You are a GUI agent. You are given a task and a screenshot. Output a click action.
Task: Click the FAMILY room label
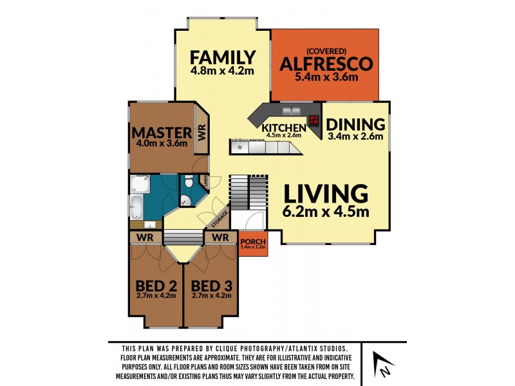click(x=223, y=57)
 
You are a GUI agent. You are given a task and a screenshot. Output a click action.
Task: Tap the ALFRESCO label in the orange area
click(x=326, y=64)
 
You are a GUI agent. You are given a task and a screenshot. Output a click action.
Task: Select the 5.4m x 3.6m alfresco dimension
click(x=326, y=77)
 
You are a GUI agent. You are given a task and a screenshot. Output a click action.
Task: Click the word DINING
click(x=355, y=125)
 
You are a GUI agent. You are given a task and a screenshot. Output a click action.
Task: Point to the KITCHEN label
click(x=284, y=127)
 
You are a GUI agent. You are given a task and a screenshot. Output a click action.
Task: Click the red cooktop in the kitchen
click(x=314, y=120)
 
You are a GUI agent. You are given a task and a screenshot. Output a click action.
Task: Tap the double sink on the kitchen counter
click(x=291, y=111)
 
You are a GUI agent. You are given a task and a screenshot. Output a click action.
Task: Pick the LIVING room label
click(x=326, y=194)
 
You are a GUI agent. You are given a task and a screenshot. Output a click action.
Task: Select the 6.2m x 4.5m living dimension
click(x=326, y=212)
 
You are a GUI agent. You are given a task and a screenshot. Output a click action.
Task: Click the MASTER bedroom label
click(x=162, y=133)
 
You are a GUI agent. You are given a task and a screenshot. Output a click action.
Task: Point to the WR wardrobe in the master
click(x=201, y=133)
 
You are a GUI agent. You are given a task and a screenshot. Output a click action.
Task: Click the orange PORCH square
click(x=253, y=244)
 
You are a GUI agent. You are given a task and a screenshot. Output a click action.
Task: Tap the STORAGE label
click(x=220, y=219)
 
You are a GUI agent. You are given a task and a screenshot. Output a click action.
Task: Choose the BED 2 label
click(x=156, y=286)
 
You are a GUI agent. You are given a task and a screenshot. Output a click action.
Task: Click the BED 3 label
click(x=212, y=286)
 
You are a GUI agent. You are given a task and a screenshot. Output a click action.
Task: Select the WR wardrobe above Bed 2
click(x=145, y=237)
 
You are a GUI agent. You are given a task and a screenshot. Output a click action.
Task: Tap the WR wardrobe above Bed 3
click(x=220, y=237)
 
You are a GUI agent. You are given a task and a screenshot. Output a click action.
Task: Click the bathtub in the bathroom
click(x=136, y=207)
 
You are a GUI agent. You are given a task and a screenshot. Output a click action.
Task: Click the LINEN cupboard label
click(x=205, y=181)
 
